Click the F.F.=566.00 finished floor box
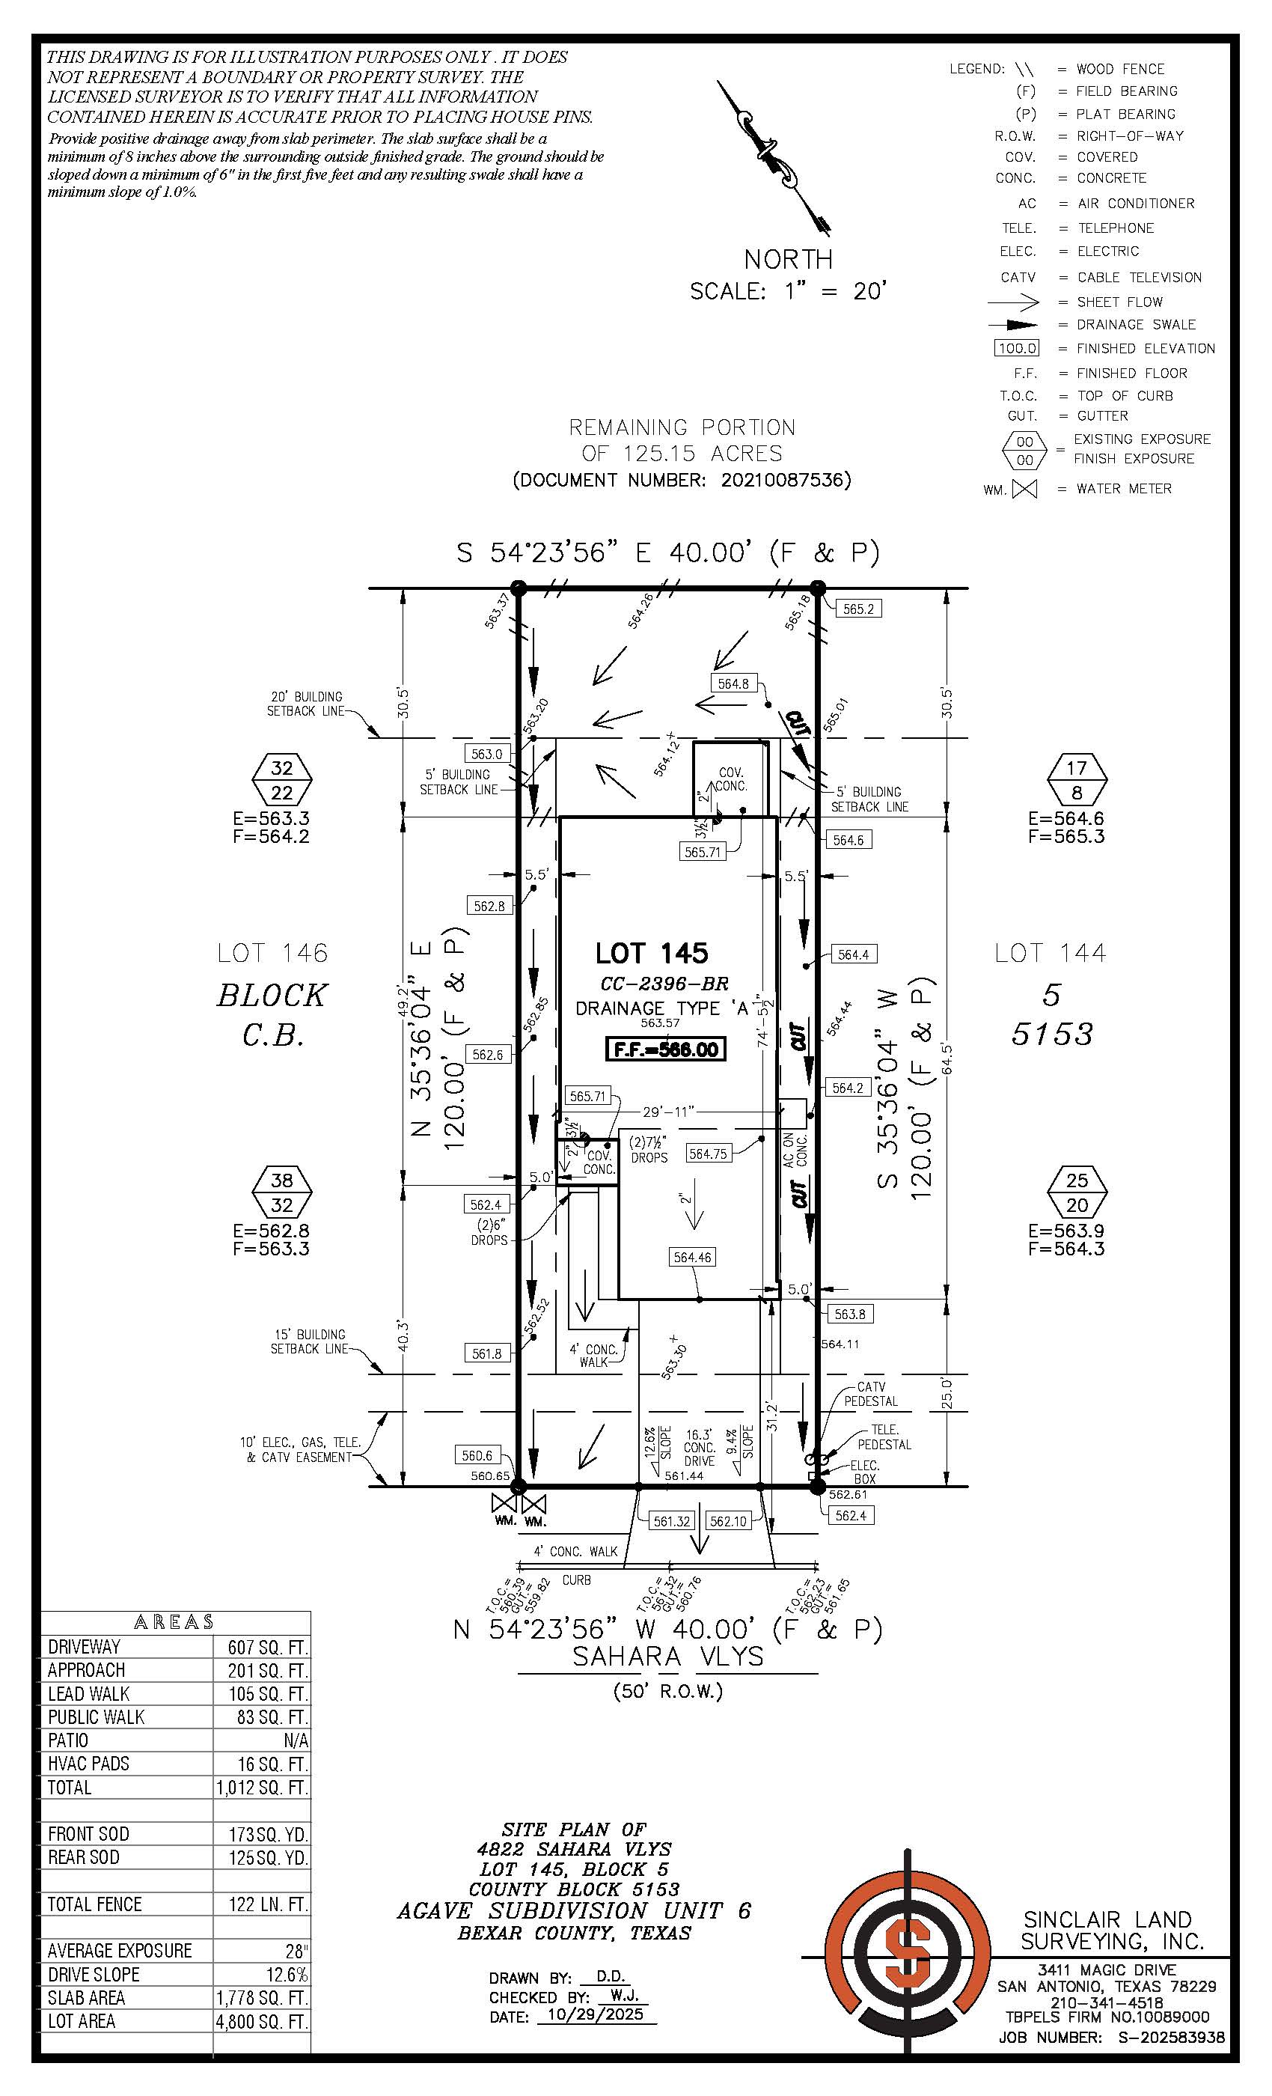(x=666, y=1049)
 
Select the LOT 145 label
(x=651, y=953)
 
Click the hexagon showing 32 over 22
(x=282, y=779)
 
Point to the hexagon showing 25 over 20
(x=1077, y=1192)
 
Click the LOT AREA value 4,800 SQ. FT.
(x=262, y=2021)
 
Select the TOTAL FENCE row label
(x=94, y=1904)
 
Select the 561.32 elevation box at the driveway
(x=672, y=1520)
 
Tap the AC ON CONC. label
(x=795, y=1149)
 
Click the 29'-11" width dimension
(x=668, y=1111)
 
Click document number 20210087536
(x=785, y=480)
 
